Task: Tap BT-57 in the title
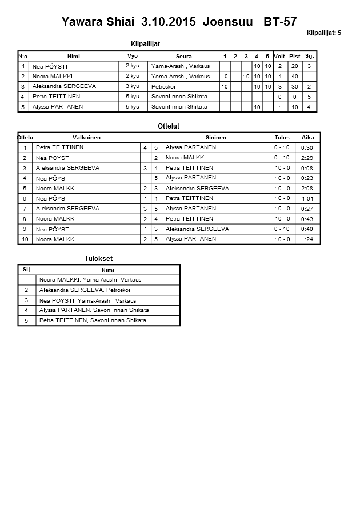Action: coord(279,22)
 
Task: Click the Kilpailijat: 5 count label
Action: coord(323,33)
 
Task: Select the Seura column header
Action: coord(184,56)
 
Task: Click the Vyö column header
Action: coord(132,56)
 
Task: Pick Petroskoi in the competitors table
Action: coord(164,86)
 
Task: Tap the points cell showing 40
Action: coord(295,77)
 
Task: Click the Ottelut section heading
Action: coord(169,126)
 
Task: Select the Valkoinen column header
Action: coord(87,138)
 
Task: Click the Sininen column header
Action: coord(216,138)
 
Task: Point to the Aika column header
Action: coord(308,138)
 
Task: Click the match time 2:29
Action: coord(307,158)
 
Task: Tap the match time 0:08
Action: coord(307,168)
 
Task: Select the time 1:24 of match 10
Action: coord(307,239)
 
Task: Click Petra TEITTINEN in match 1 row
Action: coord(59,147)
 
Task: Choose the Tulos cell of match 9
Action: coord(282,229)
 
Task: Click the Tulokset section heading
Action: coord(98,259)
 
